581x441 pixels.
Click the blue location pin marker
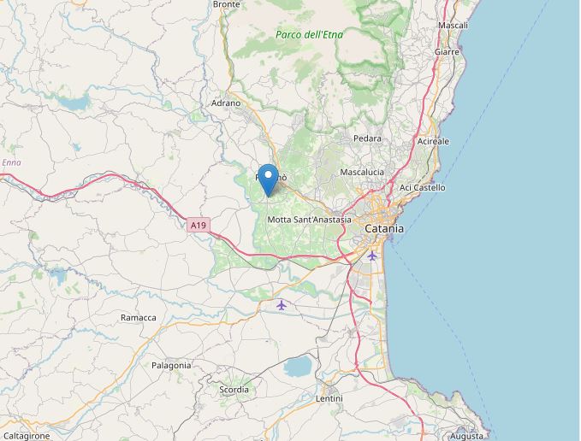(x=268, y=180)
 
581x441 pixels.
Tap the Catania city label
(x=383, y=229)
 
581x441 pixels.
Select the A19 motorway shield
(x=198, y=226)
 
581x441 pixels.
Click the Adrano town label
(x=226, y=103)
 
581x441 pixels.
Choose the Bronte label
(x=226, y=4)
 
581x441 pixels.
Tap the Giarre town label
(x=447, y=52)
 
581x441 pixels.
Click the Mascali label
(x=453, y=26)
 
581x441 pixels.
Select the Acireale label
(x=432, y=141)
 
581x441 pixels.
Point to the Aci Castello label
(x=423, y=187)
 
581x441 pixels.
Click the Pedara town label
(x=368, y=138)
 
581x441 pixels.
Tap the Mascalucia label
(x=362, y=172)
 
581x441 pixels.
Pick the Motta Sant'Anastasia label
(x=309, y=220)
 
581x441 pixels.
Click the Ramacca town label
(x=138, y=318)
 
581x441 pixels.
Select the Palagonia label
(x=171, y=365)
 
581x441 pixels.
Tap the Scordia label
(x=234, y=390)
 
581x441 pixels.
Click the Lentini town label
(x=329, y=399)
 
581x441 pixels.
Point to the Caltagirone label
(x=25, y=436)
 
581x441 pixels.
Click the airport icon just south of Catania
(x=371, y=256)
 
